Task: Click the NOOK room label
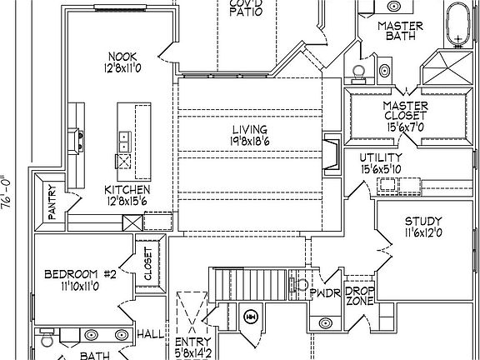click(x=122, y=57)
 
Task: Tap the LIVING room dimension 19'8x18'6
click(x=250, y=141)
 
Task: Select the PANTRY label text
click(x=52, y=202)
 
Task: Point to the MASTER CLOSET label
click(x=406, y=111)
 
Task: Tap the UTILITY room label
click(x=381, y=157)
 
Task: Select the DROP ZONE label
click(x=360, y=296)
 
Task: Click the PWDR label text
click(x=325, y=293)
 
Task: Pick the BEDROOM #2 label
click(x=81, y=274)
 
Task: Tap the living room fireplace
click(x=332, y=154)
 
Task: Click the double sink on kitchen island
click(x=125, y=142)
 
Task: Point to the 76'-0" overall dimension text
click(x=7, y=192)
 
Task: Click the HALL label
click(x=151, y=334)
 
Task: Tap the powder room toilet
click(x=299, y=285)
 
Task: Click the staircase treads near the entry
click(x=251, y=285)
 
